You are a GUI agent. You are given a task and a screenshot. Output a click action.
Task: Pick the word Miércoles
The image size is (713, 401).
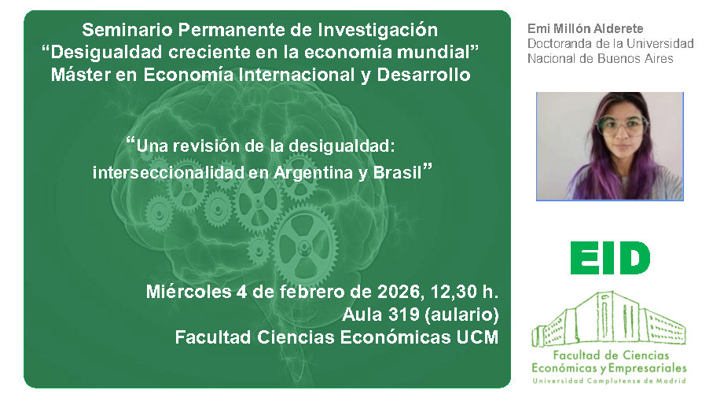point(188,292)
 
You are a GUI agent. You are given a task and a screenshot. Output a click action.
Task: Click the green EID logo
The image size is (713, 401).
point(610,258)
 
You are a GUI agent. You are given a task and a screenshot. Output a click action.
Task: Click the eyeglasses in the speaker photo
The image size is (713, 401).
point(622,124)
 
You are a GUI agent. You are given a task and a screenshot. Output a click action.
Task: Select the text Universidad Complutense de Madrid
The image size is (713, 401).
point(608,381)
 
